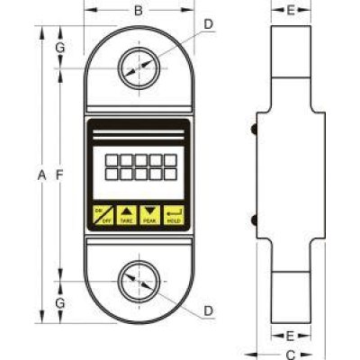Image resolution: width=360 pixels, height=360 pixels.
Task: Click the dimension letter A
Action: click(42, 176)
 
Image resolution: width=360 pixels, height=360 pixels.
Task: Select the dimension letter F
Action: click(60, 176)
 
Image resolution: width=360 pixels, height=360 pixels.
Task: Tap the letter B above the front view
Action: click(138, 12)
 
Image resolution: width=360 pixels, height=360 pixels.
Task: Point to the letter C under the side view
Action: click(291, 353)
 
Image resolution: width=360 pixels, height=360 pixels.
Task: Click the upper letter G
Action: click(60, 47)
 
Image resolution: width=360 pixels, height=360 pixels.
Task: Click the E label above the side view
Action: click(291, 12)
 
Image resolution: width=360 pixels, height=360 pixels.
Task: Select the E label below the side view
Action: click(291, 334)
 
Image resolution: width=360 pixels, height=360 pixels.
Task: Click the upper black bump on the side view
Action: click(255, 131)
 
